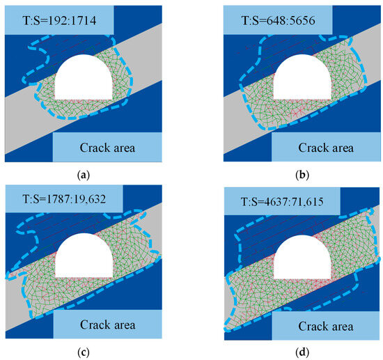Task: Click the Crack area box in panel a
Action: point(107,147)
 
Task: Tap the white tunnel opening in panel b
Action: point(302,79)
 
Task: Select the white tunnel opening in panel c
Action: point(84,256)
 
